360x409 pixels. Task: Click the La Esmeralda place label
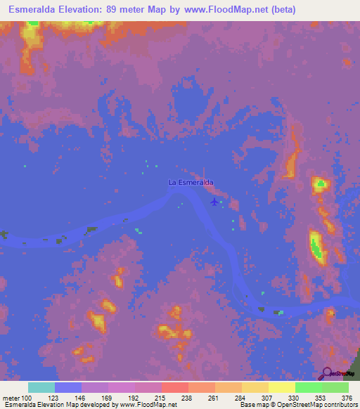(191, 183)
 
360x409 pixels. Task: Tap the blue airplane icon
(214, 202)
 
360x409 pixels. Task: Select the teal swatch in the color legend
(41, 387)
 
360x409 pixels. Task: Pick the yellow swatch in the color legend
(282, 387)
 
